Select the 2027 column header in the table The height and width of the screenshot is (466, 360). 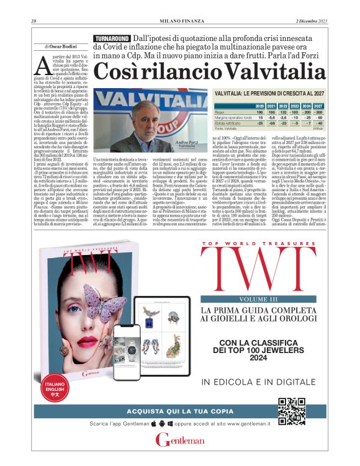click(x=320, y=107)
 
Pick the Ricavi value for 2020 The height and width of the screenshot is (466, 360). click(x=260, y=113)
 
